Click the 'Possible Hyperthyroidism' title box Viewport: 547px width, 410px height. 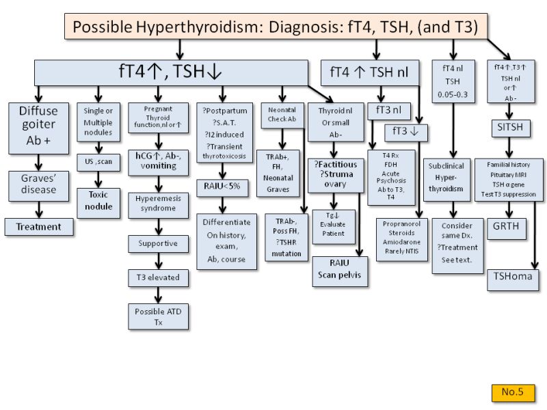point(280,27)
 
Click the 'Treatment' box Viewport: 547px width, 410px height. point(39,227)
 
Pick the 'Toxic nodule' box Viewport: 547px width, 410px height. point(98,201)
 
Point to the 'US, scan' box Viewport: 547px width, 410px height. point(98,161)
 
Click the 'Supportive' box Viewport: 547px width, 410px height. point(158,243)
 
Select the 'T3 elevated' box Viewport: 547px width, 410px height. point(158,277)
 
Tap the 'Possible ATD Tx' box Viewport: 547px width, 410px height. point(158,316)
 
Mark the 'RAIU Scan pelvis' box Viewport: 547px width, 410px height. point(340,271)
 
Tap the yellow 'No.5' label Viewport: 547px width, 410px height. point(511,392)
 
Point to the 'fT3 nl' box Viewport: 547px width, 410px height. point(388,109)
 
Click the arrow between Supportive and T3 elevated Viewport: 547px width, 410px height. point(158,260)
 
